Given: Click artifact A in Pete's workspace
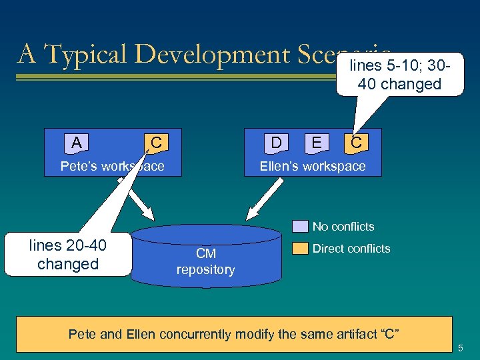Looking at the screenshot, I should pyautogui.click(x=77, y=142).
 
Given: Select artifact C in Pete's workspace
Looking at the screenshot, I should pyautogui.click(x=155, y=142).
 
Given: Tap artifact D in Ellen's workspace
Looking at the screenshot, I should pyautogui.click(x=275, y=142).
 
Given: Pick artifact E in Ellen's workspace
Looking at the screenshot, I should pyautogui.click(x=315, y=142).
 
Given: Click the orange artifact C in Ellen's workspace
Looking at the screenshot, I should pyautogui.click(x=356, y=142).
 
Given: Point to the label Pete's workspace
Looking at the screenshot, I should pyautogui.click(x=112, y=166).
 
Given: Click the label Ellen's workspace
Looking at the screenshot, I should pyautogui.click(x=313, y=166).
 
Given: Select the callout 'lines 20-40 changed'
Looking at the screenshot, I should pyautogui.click(x=67, y=254).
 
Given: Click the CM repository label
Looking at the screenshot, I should pyautogui.click(x=205, y=261).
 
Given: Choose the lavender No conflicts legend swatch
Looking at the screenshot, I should pyautogui.click(x=300, y=227).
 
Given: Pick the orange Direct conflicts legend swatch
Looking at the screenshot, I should pyautogui.click(x=300, y=249).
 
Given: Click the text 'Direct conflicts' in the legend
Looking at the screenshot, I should pyautogui.click(x=351, y=249).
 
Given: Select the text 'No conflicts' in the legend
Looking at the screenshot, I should pyautogui.click(x=343, y=227).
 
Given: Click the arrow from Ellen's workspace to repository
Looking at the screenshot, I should pyautogui.click(x=264, y=199).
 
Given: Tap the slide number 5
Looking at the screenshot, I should pyautogui.click(x=463, y=347).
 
